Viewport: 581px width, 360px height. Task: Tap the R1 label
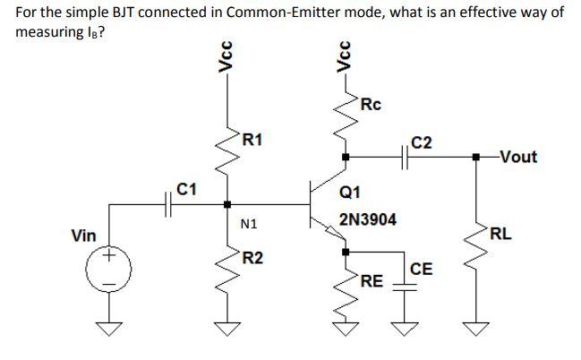[253, 139]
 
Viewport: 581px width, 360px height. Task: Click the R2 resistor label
[253, 259]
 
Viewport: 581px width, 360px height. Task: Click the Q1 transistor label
[350, 191]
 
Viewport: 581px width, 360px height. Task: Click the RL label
[500, 236]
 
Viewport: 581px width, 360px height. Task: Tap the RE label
[371, 282]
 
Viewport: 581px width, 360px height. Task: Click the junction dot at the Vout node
[475, 158]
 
